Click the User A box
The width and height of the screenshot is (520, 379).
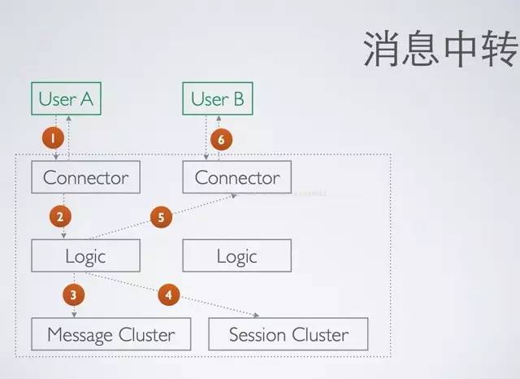[x=66, y=99]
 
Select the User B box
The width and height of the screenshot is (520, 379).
[x=217, y=99]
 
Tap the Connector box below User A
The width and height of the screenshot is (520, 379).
[x=85, y=177]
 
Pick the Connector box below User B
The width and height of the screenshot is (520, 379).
[x=236, y=177]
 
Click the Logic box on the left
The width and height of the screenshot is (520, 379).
[x=85, y=256]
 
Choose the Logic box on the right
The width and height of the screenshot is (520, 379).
[x=236, y=256]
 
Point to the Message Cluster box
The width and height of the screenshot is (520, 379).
[x=110, y=334]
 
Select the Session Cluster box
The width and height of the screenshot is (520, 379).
[x=288, y=334]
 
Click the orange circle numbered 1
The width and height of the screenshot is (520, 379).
[x=52, y=138]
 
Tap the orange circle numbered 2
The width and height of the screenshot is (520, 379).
[x=59, y=216]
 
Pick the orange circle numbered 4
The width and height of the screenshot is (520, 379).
[x=168, y=294]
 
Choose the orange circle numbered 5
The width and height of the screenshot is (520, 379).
[x=161, y=217]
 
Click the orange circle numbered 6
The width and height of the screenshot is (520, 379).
[x=220, y=139]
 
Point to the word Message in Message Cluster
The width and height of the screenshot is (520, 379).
[x=81, y=334]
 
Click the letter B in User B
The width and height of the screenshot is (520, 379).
[x=239, y=99]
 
